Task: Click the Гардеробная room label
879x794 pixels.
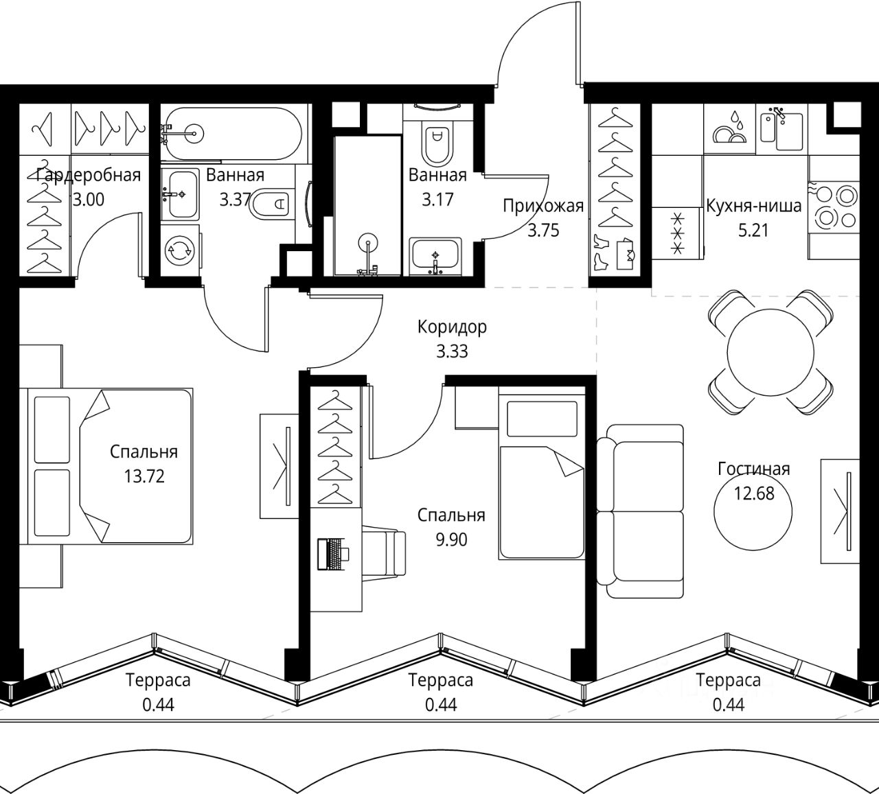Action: [88, 175]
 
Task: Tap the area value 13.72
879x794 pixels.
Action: [144, 476]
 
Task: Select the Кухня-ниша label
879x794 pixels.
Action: [754, 205]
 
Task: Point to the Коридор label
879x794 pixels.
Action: [452, 327]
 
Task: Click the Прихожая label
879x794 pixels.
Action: [543, 206]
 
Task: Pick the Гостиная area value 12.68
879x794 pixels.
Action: [754, 493]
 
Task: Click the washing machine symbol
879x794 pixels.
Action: [180, 250]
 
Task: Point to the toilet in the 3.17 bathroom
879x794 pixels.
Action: [436, 142]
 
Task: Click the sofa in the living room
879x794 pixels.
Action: [640, 511]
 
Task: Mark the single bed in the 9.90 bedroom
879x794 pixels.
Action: [542, 476]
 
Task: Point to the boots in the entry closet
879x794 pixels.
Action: [602, 254]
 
